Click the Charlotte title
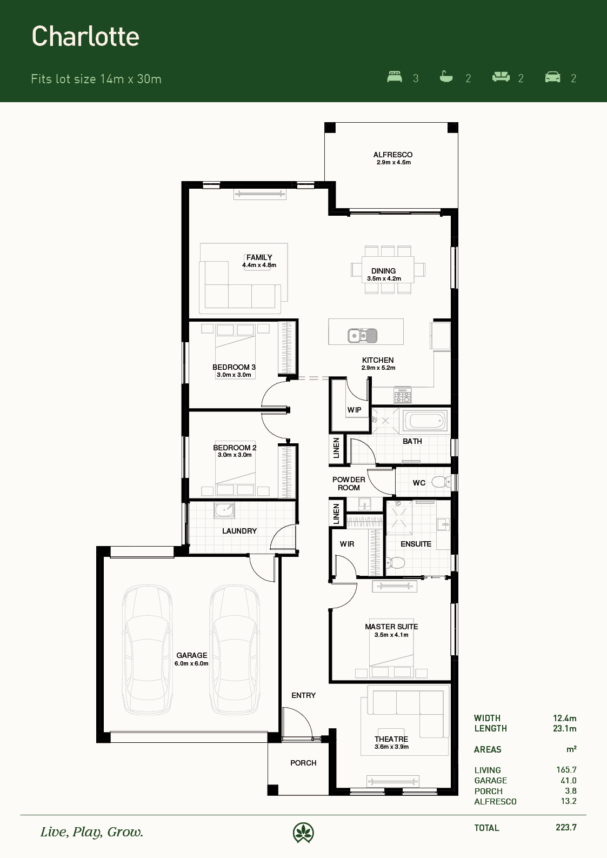(85, 36)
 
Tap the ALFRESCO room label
(393, 155)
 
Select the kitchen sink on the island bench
(362, 336)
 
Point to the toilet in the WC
(441, 482)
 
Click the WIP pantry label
(354, 410)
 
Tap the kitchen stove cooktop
(403, 396)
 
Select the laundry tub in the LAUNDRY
(224, 510)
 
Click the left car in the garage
(147, 649)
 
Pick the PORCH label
(303, 763)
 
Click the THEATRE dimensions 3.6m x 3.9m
(391, 747)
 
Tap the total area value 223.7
(566, 827)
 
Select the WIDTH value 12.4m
(564, 718)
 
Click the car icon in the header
(552, 77)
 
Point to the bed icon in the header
(395, 77)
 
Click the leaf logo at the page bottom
(303, 833)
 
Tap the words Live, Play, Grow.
(92, 832)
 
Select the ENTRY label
(303, 695)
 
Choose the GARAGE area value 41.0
(568, 780)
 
